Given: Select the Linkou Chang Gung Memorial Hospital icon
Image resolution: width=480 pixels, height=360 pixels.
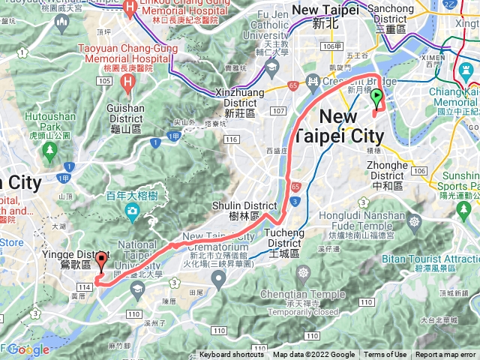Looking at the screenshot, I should click(x=130, y=10).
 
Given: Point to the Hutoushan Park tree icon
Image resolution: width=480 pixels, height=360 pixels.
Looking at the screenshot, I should click(x=50, y=151).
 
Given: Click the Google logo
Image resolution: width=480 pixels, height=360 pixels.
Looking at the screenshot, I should click(x=28, y=349).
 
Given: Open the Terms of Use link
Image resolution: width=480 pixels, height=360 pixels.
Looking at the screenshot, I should click(x=385, y=355).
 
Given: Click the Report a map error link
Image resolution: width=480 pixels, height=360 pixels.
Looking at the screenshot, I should click(x=445, y=355).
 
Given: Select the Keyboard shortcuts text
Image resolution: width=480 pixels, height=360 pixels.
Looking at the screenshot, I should click(x=231, y=355).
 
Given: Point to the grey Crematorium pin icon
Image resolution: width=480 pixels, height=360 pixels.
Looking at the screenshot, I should click(x=218, y=280).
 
